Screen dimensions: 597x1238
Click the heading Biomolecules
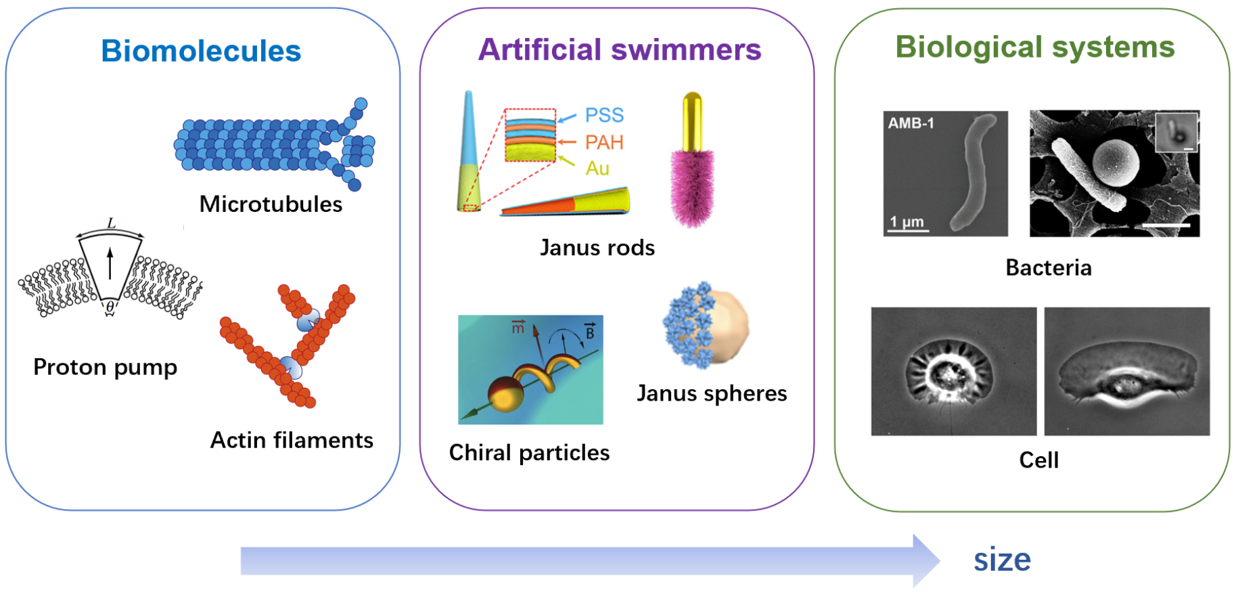(x=201, y=51)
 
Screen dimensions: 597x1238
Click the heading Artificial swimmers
(x=619, y=49)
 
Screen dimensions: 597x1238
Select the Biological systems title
(x=1034, y=47)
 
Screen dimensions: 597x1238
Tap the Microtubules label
(x=271, y=204)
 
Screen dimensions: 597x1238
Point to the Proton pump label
(x=105, y=367)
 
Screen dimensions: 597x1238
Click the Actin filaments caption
(x=292, y=440)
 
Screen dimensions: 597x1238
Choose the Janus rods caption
(x=597, y=248)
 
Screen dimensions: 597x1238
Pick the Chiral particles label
(x=529, y=452)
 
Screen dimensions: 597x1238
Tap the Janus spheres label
(x=712, y=393)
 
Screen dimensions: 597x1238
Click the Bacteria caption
(x=1048, y=267)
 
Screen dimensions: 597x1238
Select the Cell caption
(x=1038, y=460)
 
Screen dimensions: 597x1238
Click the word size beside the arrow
(x=1002, y=560)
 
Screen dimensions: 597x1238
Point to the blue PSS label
(x=604, y=115)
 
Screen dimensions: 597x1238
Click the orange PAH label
(x=604, y=142)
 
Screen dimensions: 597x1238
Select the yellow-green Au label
(x=597, y=168)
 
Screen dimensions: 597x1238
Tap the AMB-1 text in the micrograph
(x=911, y=123)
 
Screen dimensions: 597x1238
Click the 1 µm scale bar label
(x=907, y=221)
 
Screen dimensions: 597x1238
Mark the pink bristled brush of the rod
(x=692, y=186)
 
